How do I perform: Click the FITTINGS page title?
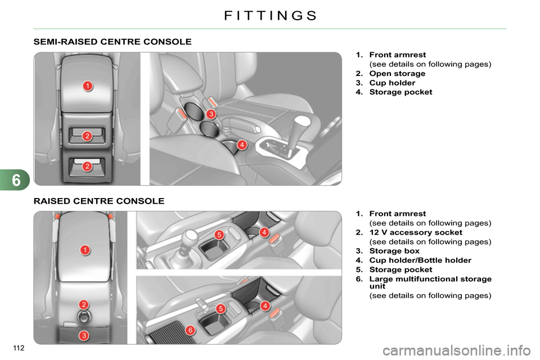coord(270,15)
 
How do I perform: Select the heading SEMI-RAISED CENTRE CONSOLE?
coord(112,42)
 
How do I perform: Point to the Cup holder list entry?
coord(392,83)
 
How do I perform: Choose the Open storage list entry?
coord(397,74)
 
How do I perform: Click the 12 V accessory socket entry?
coord(416,232)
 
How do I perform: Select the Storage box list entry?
coord(394,251)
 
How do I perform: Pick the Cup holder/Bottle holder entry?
coord(420,260)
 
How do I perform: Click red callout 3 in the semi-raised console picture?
coord(210,114)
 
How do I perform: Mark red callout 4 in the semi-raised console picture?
coord(241,145)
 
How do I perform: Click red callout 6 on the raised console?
coord(190,330)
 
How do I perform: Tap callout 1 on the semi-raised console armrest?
coord(88,85)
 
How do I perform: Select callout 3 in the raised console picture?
coord(83,336)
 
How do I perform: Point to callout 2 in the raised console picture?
coord(83,304)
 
